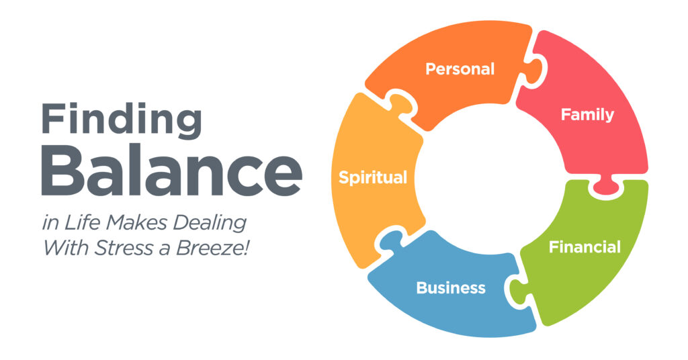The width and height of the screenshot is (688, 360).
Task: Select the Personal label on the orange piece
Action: [x=460, y=69]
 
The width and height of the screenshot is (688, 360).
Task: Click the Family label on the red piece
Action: [x=587, y=115]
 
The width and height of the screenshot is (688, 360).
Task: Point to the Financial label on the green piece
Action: [x=585, y=247]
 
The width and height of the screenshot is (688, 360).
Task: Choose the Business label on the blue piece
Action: [x=451, y=288]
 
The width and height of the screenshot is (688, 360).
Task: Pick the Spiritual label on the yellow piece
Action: [x=373, y=178]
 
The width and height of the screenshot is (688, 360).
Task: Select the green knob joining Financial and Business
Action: [x=517, y=291]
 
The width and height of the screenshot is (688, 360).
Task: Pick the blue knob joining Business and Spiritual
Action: [x=388, y=239]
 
